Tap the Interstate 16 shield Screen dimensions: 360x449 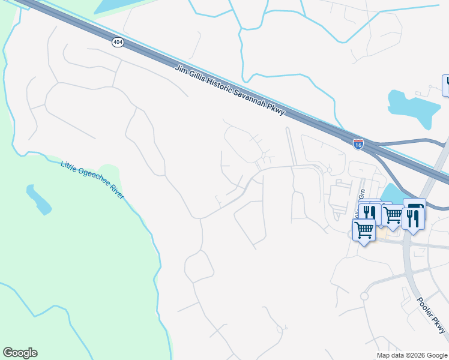[x=358, y=143]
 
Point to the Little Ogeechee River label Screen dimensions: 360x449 [x=93, y=180]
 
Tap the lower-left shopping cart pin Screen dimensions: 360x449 [x=364, y=229]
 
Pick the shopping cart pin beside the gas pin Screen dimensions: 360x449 [x=393, y=214]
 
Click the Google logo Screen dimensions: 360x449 [x=20, y=353]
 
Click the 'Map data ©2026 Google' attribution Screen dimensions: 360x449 [x=412, y=355]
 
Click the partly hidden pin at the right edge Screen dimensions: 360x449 [x=446, y=85]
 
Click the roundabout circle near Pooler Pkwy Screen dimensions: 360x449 [x=364, y=296]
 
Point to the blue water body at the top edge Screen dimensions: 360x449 [x=120, y=6]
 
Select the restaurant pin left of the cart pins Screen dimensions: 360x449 [x=369, y=212]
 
